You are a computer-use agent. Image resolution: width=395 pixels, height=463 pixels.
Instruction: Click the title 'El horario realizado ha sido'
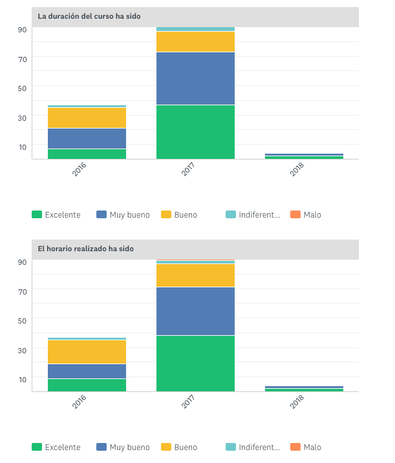86,249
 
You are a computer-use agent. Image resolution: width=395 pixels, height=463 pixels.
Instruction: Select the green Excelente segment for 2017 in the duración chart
195,132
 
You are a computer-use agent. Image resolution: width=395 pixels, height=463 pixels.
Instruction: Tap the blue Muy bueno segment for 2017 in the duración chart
195,78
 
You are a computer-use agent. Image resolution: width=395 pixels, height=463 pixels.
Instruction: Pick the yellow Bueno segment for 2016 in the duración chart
87,118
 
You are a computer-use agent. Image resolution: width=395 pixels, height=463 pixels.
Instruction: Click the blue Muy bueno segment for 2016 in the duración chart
87,139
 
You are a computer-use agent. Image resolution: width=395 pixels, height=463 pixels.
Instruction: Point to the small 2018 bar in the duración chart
304,156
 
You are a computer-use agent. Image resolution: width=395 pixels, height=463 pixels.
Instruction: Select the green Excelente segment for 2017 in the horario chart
195,363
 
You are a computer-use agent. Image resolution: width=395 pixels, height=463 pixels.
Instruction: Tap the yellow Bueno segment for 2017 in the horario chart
195,276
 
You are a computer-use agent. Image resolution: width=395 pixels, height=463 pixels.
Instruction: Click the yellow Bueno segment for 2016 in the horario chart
87,352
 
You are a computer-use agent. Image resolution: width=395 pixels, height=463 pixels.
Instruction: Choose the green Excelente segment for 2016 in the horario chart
87,385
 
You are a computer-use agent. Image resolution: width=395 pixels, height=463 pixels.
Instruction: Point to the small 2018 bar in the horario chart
304,389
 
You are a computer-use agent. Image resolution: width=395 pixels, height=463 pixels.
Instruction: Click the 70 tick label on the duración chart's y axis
23,59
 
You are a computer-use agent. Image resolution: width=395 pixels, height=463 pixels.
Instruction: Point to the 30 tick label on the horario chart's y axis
23,350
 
